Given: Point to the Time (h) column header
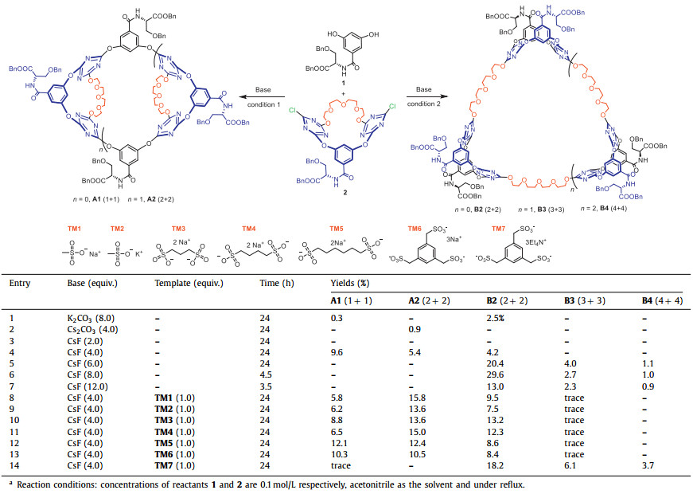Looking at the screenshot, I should (x=277, y=283).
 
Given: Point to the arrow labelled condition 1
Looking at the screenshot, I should (x=266, y=98).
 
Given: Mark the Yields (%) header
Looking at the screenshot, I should (x=349, y=283).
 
